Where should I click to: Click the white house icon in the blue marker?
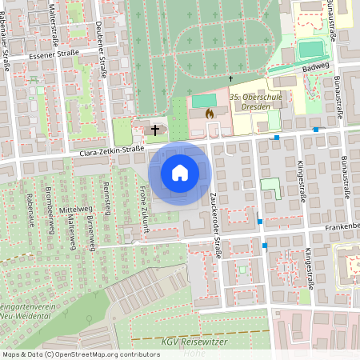[180, 172]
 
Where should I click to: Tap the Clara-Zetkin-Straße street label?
[111, 150]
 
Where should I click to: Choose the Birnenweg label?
[90, 232]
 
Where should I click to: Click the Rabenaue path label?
[30, 207]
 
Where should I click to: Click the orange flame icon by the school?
[210, 114]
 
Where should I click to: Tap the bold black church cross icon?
[154, 128]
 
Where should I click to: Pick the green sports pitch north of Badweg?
[310, 50]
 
